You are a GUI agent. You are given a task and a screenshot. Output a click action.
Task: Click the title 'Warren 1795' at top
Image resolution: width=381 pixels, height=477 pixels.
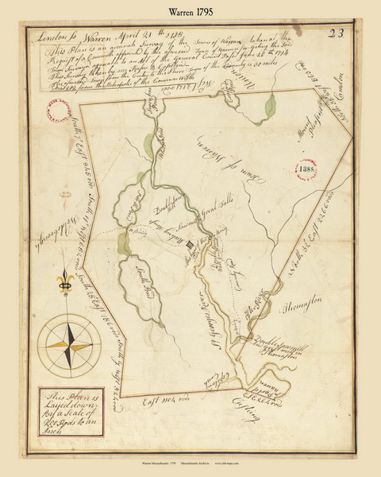(190, 12)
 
